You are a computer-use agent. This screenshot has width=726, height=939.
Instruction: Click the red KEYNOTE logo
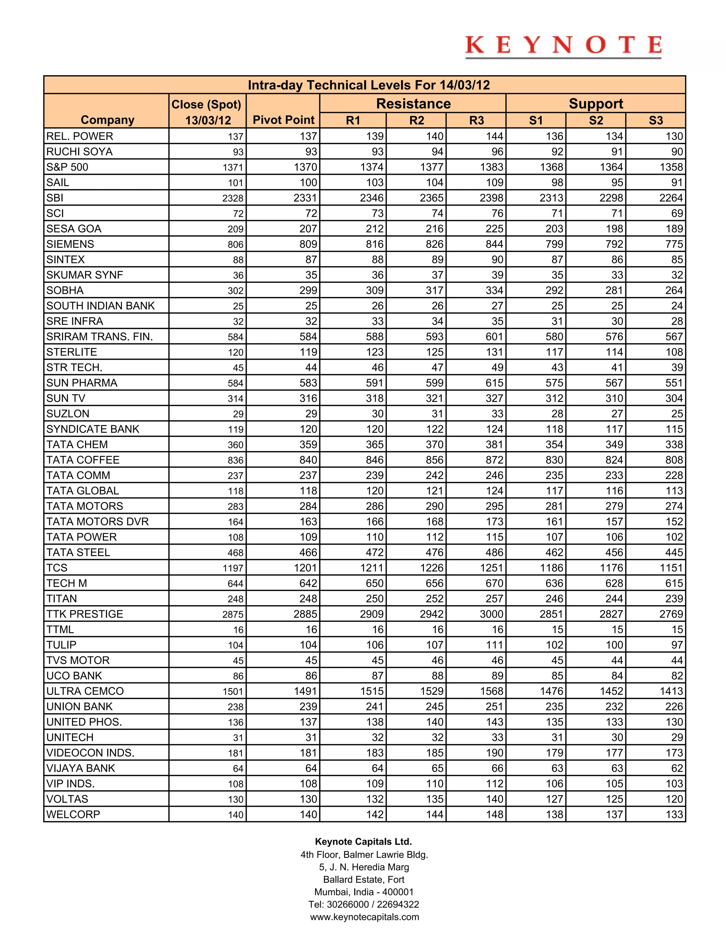(x=563, y=46)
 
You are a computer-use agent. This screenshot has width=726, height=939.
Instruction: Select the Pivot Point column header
(x=284, y=120)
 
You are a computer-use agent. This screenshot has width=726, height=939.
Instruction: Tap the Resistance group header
(x=413, y=103)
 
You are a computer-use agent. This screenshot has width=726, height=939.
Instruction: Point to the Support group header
(x=596, y=103)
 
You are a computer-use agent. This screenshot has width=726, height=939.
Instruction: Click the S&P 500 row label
(x=67, y=167)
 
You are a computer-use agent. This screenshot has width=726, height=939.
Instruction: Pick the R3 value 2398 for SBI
(x=492, y=198)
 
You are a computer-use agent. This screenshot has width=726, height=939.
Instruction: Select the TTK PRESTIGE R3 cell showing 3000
(x=492, y=614)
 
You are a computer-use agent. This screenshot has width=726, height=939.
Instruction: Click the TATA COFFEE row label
(x=83, y=460)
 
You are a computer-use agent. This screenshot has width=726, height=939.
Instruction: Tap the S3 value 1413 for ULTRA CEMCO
(x=671, y=691)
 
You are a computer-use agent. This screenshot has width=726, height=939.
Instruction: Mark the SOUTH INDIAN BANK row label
(x=100, y=306)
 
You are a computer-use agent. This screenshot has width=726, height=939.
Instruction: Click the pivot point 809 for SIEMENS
(x=308, y=244)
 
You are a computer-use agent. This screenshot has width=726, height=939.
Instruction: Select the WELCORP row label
(x=73, y=814)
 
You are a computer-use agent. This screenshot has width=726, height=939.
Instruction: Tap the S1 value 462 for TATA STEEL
(x=554, y=552)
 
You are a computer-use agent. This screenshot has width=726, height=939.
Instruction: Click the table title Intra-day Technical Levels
(x=369, y=85)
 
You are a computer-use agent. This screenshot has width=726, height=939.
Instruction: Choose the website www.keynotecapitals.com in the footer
(x=364, y=917)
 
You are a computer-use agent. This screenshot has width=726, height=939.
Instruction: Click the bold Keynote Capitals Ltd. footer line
(x=363, y=842)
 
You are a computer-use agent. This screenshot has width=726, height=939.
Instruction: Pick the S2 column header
(x=596, y=120)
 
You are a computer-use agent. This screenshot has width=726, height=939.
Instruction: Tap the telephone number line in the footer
(x=363, y=904)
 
